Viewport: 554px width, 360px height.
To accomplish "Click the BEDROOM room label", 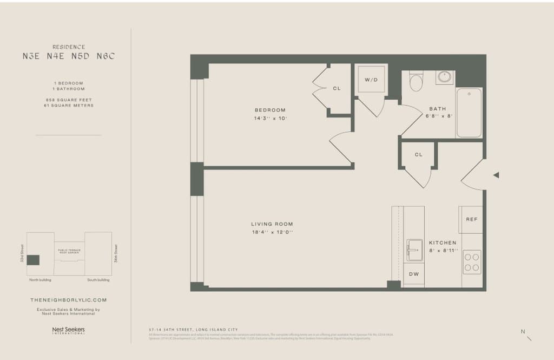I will tap(270, 110).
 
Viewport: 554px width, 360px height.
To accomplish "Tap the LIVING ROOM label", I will tap(272, 224).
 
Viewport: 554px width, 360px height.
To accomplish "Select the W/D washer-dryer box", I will tap(371, 80).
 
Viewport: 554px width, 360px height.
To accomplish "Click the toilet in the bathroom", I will tap(416, 82).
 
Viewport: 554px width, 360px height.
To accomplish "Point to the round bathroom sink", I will tap(445, 77).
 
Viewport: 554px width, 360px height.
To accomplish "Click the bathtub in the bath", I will tap(469, 113).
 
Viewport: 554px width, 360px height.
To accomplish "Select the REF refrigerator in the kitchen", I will tap(471, 219).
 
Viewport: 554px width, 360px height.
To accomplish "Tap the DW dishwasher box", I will tap(414, 274).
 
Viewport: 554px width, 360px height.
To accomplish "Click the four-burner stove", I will tap(471, 261).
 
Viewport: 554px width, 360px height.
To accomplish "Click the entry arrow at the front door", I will tap(496, 175).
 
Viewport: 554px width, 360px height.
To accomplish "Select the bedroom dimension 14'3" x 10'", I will tap(270, 118).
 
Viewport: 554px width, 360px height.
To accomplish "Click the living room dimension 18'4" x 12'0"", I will tap(272, 232).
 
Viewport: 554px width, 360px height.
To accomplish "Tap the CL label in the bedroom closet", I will tap(337, 88).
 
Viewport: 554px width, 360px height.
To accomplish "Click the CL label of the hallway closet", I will tap(418, 155).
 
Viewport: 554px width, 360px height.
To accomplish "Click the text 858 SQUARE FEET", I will tap(68, 100).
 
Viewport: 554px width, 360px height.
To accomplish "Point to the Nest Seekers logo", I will tap(68, 330).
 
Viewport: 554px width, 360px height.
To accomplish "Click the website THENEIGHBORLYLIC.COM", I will tap(68, 299).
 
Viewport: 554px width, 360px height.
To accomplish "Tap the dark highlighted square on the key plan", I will tap(33, 260).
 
